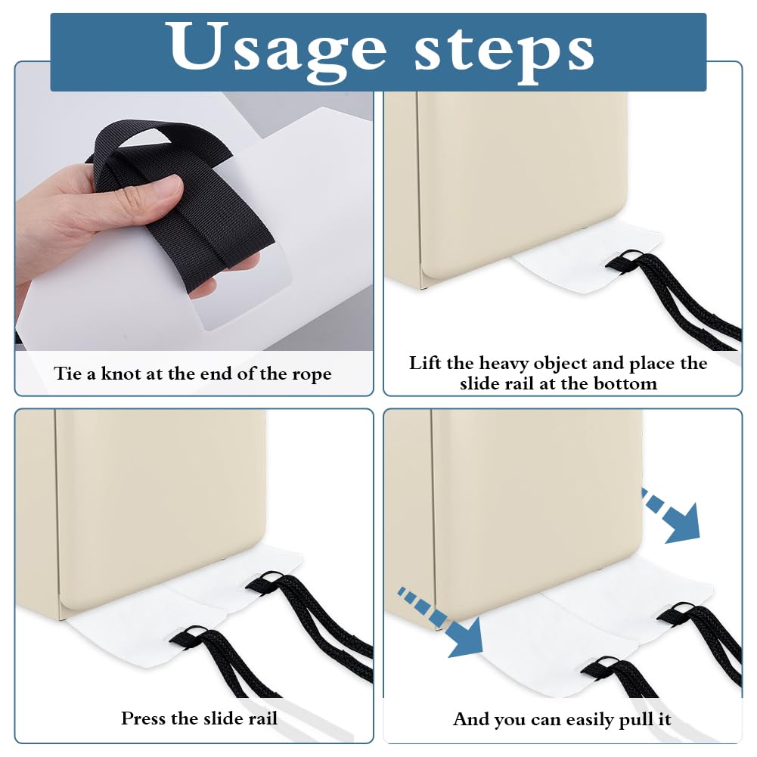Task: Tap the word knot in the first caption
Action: coord(121,374)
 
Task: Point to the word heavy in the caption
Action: coord(504,364)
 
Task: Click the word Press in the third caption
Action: coord(143,718)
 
